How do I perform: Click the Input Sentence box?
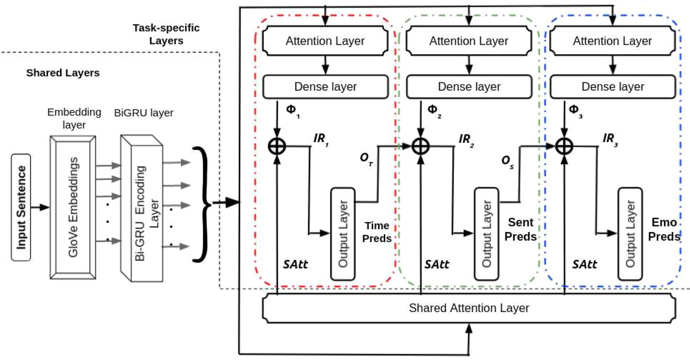[x=21, y=207]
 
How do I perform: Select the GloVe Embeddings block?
[x=73, y=207]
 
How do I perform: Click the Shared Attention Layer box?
[x=469, y=308]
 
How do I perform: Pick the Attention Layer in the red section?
[x=325, y=41]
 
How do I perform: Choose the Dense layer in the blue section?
[x=612, y=86]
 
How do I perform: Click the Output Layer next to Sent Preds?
[x=486, y=234]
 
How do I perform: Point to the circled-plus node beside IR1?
[x=277, y=146]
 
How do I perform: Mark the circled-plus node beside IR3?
[x=564, y=146]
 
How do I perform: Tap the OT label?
[x=366, y=158]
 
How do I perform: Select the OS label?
[x=507, y=161]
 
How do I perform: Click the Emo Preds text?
[x=664, y=229]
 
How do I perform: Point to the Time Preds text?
[x=377, y=232]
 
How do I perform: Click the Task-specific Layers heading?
[x=166, y=34]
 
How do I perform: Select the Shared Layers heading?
[x=63, y=73]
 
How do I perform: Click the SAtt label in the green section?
[x=437, y=265]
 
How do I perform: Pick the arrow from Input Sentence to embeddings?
[x=40, y=207]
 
